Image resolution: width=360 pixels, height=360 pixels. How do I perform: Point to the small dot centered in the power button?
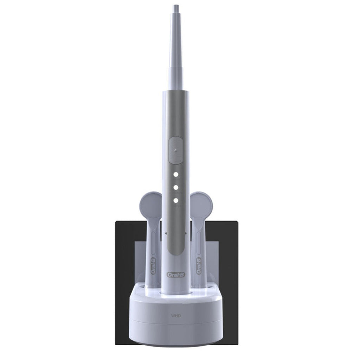[175, 150]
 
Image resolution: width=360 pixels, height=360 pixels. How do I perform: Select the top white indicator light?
[176, 174]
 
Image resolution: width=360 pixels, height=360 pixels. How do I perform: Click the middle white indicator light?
[176, 188]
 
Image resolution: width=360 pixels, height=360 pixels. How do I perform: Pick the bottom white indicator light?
[176, 200]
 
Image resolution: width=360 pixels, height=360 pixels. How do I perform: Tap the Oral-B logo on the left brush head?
[153, 266]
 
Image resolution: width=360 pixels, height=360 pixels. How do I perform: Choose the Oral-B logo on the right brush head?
[199, 266]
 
